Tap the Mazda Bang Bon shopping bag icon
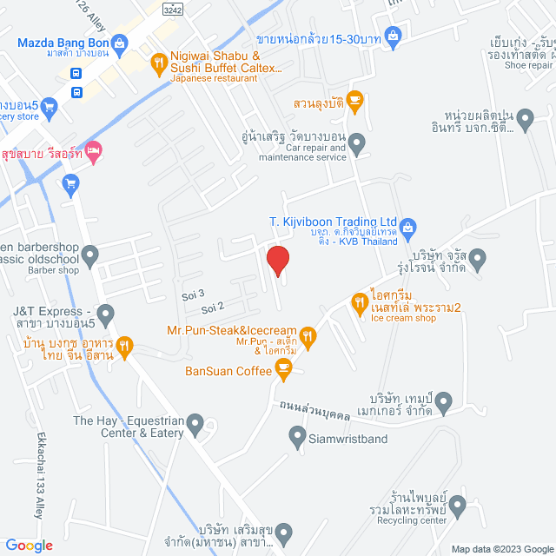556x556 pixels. point(120,41)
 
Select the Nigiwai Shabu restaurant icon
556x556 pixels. point(158,62)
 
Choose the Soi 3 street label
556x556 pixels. point(194,294)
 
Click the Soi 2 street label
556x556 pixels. point(213,307)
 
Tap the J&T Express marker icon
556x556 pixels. point(105,312)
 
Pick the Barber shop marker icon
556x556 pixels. point(91,255)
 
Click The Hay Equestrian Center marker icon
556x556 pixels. point(195,425)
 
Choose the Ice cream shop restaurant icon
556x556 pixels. point(359,303)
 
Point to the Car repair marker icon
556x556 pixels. point(357,142)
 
